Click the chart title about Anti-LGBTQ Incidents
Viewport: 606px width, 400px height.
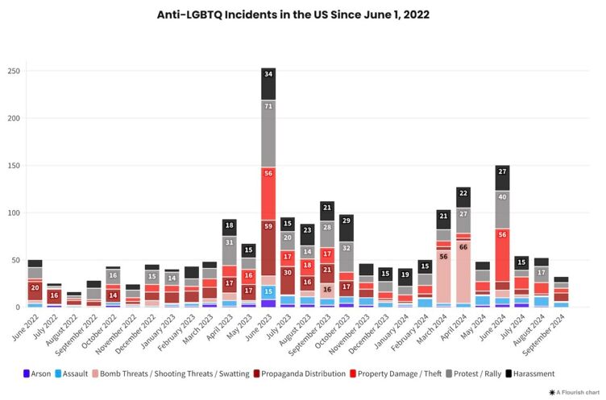tap(302, 14)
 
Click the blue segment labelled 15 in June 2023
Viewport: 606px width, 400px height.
tap(268, 291)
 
